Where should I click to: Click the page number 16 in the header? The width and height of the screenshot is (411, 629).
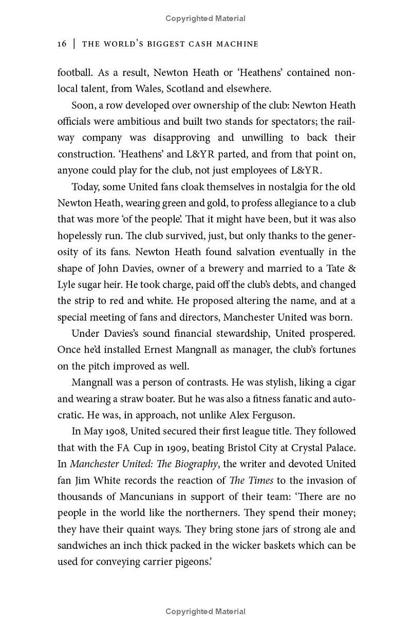click(62, 44)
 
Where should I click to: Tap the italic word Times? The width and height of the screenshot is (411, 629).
click(260, 481)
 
